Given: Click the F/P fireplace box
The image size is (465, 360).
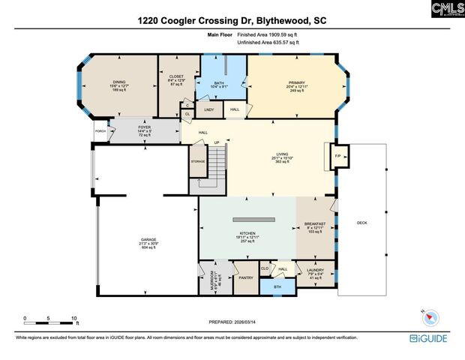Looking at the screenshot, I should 337,156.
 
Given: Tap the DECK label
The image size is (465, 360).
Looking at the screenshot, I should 361,223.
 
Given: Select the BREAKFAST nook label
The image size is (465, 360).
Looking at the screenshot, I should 314,224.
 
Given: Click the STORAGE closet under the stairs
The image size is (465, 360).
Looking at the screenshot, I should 197,161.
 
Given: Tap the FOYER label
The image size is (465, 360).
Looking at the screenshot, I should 145,127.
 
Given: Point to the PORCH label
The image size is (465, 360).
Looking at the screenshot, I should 100,130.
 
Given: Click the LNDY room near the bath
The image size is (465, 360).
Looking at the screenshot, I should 209,110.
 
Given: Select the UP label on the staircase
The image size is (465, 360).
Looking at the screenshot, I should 217,143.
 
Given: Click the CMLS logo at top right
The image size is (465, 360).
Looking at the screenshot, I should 447,10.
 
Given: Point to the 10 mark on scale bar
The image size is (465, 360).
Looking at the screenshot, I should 74,319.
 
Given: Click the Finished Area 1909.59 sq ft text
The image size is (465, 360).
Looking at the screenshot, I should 268,35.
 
